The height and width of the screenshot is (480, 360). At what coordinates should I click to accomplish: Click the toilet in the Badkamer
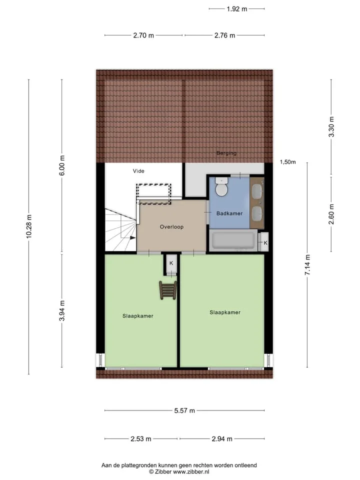(221, 186)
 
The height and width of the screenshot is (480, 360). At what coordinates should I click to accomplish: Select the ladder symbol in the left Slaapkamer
(168, 290)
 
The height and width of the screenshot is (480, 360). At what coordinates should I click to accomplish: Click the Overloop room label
(171, 227)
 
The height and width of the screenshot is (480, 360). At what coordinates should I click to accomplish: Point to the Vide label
(138, 171)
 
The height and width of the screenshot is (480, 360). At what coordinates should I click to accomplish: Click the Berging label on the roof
(226, 153)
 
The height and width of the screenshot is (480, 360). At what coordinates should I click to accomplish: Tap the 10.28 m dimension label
(29, 226)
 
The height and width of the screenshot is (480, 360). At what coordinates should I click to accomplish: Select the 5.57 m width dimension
(184, 410)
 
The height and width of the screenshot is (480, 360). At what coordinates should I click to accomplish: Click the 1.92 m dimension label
(237, 9)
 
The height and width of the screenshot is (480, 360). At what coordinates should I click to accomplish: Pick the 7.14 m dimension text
(307, 265)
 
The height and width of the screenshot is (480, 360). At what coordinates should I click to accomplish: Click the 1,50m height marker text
(288, 162)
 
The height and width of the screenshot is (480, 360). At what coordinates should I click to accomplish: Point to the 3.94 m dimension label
(62, 310)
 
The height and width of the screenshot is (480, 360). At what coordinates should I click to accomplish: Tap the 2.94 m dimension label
(222, 439)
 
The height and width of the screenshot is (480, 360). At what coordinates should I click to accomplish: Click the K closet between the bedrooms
(171, 263)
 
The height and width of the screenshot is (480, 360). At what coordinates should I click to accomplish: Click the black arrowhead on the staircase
(133, 237)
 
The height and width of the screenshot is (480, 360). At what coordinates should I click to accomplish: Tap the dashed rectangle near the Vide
(153, 194)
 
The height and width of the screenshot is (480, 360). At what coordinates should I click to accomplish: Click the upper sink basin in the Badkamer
(256, 191)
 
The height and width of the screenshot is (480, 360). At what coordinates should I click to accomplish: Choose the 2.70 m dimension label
(143, 35)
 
